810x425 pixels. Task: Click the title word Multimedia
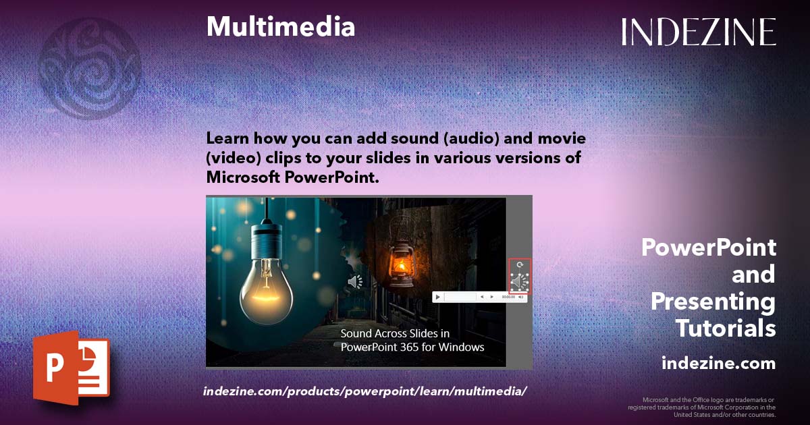pyautogui.click(x=280, y=26)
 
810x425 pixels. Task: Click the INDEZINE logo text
pyautogui.click(x=699, y=32)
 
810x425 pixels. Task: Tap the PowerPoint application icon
pyautogui.click(x=71, y=369)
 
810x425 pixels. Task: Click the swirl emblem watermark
pyautogui.click(x=90, y=67)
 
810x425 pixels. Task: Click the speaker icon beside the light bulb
pyautogui.click(x=355, y=281)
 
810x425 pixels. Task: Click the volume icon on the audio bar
pyautogui.click(x=522, y=297)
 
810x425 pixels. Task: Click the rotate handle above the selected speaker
pyautogui.click(x=519, y=265)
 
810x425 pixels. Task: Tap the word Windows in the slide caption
pyautogui.click(x=464, y=347)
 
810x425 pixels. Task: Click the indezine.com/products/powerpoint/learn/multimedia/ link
pyautogui.click(x=364, y=391)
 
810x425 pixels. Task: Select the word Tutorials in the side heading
pyautogui.click(x=726, y=329)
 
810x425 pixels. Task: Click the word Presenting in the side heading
pyautogui.click(x=713, y=302)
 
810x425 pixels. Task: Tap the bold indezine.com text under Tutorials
pyautogui.click(x=718, y=364)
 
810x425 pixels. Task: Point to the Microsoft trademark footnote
pyautogui.click(x=701, y=407)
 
